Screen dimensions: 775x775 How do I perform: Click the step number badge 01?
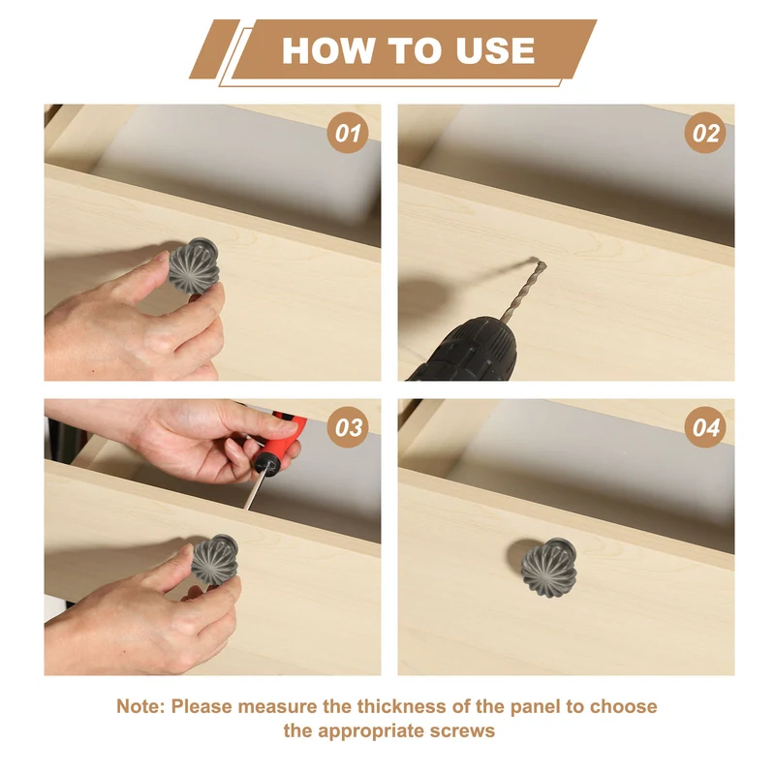pyautogui.click(x=348, y=133)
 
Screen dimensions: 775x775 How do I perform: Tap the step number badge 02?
pyautogui.click(x=705, y=133)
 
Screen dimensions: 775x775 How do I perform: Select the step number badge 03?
pyautogui.click(x=348, y=427)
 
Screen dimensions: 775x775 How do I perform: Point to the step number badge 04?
pyautogui.click(x=705, y=427)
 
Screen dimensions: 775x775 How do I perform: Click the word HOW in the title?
pyautogui.click(x=327, y=50)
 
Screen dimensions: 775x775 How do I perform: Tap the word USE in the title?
pyautogui.click(x=495, y=50)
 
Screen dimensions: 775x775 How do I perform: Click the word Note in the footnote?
pyautogui.click(x=139, y=706)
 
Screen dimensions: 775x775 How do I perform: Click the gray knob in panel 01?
pyautogui.click(x=194, y=265)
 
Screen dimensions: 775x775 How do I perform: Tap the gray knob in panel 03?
pyautogui.click(x=215, y=560)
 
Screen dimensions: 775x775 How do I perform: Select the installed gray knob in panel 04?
pyautogui.click(x=549, y=567)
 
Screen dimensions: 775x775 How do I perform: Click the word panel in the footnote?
pyautogui.click(x=536, y=707)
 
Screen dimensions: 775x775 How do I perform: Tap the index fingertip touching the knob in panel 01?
pyautogui.click(x=163, y=257)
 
